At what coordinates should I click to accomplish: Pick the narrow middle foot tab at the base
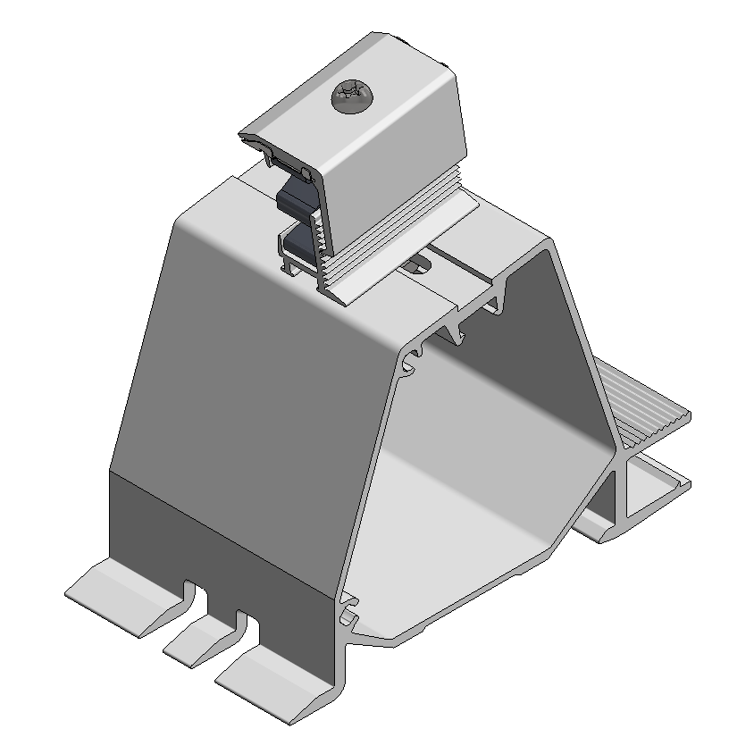[x=201, y=639]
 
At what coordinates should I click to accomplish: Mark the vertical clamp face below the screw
[x=393, y=170]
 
